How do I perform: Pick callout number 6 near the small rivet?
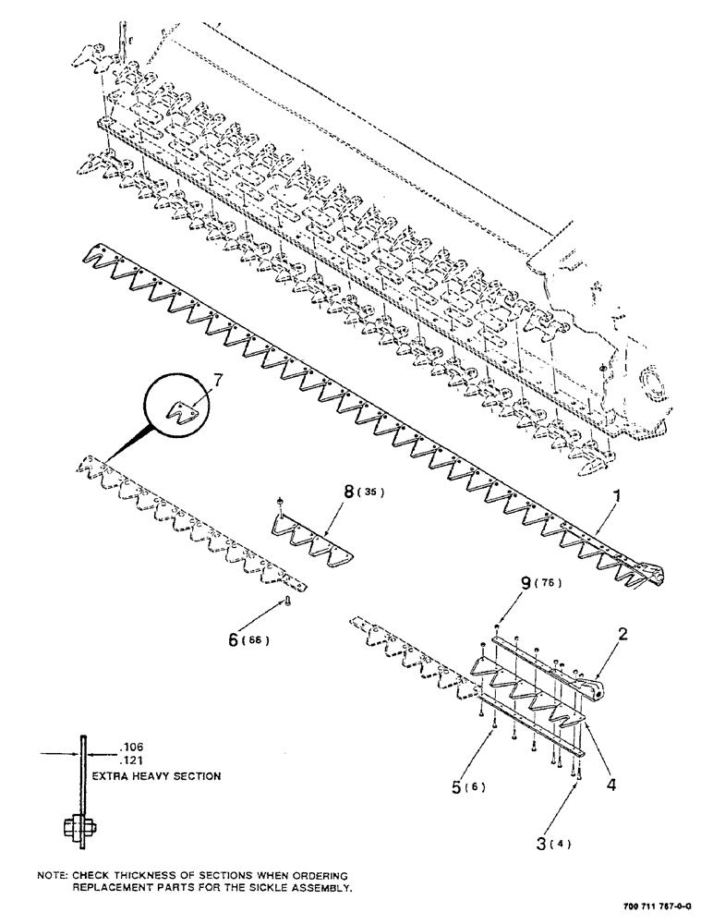[234, 638]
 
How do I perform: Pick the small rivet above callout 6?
[285, 602]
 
